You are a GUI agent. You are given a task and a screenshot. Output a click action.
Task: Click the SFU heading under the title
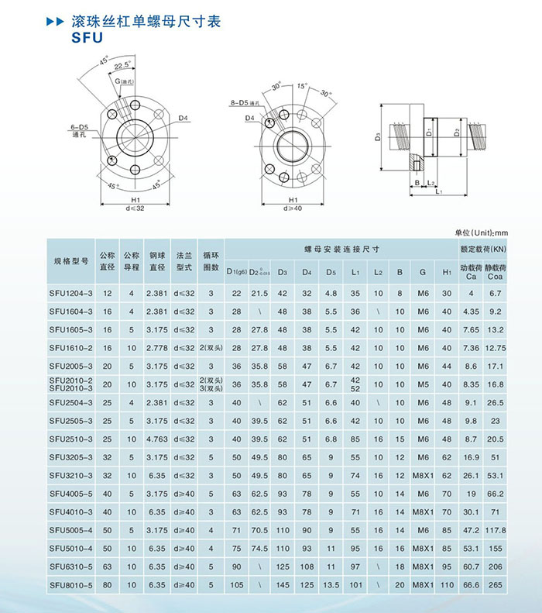point(87,37)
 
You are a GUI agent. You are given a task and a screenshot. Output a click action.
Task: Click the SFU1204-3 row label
point(70,293)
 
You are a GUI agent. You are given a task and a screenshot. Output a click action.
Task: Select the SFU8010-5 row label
point(70,585)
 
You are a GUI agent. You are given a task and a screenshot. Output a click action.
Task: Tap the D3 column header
point(283,272)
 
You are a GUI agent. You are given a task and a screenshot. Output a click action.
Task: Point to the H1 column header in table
point(447,272)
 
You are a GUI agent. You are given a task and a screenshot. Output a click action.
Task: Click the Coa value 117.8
point(495,531)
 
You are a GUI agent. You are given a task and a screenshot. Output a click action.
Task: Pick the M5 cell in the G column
point(423,384)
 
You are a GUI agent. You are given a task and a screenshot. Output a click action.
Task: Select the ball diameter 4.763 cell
point(157,439)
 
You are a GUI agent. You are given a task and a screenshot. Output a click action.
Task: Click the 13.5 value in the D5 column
point(331,585)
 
